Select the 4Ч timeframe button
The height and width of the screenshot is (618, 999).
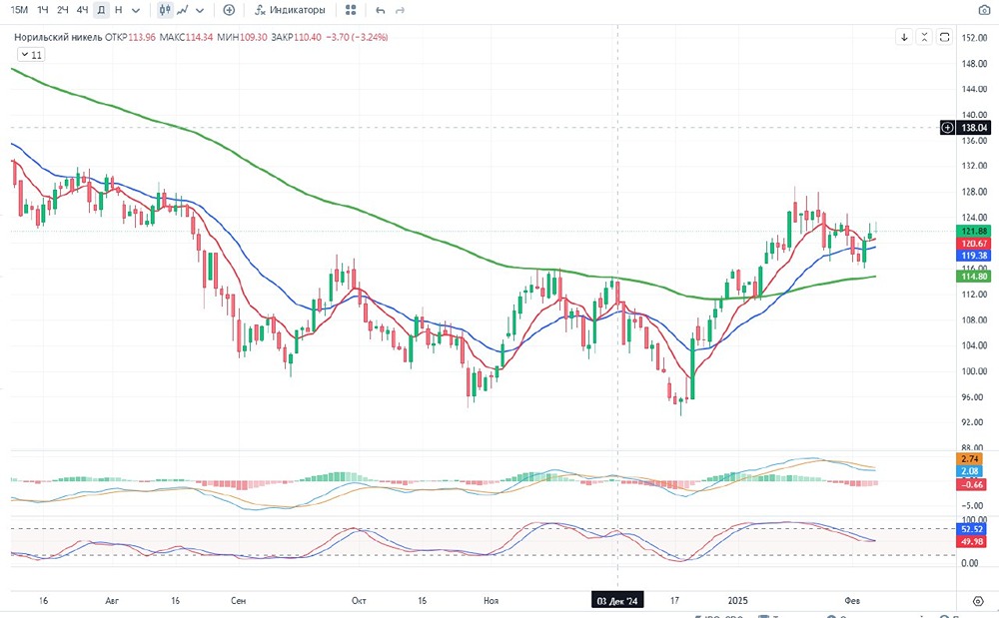83,10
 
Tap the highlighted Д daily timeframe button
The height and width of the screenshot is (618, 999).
101,10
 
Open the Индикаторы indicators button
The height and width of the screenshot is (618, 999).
290,10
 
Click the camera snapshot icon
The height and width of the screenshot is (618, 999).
982,10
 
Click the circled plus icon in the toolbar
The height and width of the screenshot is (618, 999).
229,10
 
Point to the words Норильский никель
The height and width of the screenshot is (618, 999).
58,37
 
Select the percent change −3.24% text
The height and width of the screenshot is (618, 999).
366,37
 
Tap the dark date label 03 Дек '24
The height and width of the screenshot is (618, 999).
618,601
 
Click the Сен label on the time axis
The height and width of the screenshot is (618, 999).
238,601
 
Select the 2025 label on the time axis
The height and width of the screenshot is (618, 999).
737,601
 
